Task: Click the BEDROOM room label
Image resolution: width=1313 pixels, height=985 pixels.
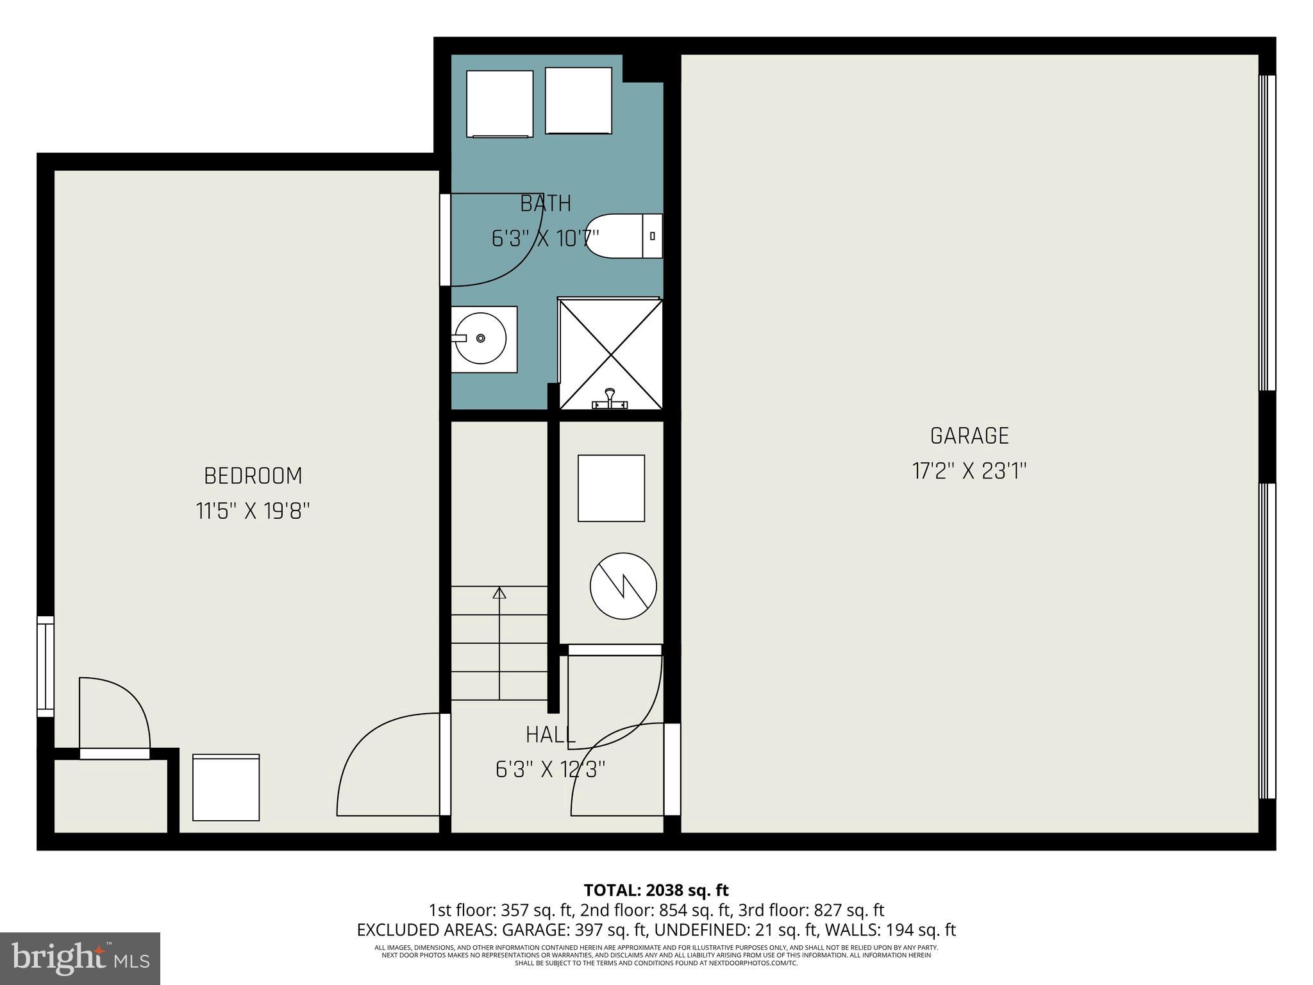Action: tap(253, 476)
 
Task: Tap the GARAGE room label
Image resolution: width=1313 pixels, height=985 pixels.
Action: tap(969, 436)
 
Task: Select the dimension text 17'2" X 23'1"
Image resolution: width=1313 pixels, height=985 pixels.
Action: tap(969, 472)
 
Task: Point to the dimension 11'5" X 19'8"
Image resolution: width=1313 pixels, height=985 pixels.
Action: tap(253, 512)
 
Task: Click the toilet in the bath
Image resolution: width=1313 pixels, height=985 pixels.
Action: tap(623, 236)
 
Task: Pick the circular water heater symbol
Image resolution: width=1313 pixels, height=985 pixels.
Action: tap(623, 586)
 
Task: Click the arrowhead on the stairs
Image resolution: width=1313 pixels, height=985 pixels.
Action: tap(499, 593)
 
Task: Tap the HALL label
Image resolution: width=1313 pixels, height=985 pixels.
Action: tap(550, 735)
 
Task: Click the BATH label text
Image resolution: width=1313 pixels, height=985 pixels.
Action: tap(545, 203)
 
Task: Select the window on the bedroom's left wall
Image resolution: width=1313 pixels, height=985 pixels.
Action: tap(46, 666)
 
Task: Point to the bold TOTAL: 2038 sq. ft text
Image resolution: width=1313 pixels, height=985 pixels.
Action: tap(656, 890)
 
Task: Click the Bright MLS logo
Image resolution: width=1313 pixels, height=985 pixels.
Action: tap(80, 958)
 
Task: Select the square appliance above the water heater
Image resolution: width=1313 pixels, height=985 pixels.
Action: tap(611, 488)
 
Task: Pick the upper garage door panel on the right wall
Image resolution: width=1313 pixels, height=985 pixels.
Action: tap(1267, 232)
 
